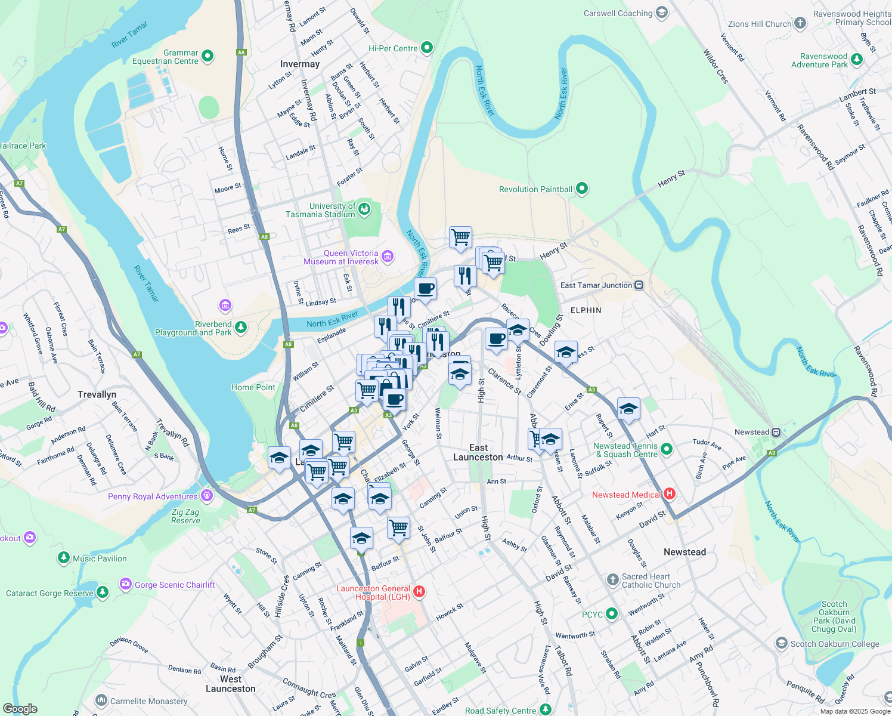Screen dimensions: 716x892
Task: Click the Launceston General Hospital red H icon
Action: pos(419,592)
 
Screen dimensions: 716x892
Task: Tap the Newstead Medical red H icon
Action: pos(669,494)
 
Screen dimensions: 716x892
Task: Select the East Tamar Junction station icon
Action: pos(639,285)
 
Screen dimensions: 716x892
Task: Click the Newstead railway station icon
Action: pos(776,432)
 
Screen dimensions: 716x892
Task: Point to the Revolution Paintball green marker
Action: pos(582,189)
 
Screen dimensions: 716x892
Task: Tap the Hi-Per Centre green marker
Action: pos(427,48)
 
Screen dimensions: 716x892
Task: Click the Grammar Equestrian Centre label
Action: pos(165,57)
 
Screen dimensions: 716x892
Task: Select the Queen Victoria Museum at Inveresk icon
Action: pos(388,257)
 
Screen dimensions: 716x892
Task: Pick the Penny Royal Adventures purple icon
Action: pos(207,495)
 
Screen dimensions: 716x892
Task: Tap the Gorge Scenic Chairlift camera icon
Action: pos(125,584)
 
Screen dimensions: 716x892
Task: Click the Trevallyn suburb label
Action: pos(97,394)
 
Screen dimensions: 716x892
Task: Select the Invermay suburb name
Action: pos(300,64)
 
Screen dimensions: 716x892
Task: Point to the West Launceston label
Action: pos(230,684)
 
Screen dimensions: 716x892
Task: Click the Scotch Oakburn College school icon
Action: pos(781,643)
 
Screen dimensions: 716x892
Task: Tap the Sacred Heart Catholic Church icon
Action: pos(612,579)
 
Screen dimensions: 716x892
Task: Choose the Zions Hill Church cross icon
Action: pos(800,23)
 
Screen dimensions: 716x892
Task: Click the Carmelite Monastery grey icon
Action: pos(101,700)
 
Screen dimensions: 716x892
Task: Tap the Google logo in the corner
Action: pos(20,708)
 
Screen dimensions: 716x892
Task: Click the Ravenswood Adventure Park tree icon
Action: pos(857,59)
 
